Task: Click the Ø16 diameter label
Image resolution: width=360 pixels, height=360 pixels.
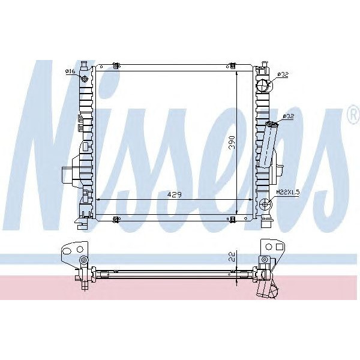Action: click(x=70, y=71)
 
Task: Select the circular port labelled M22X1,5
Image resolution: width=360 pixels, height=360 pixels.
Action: click(x=265, y=205)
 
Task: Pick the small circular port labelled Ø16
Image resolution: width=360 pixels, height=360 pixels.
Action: click(x=85, y=79)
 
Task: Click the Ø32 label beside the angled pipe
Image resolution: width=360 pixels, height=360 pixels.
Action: click(x=287, y=116)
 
